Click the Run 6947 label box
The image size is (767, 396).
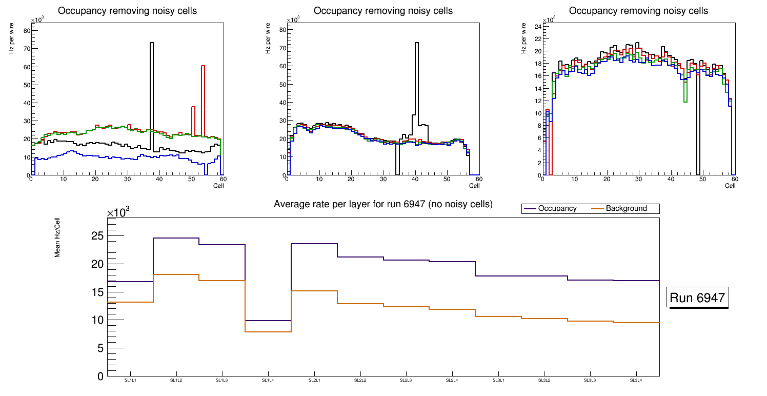click(697, 298)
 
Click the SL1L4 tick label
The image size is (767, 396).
click(268, 380)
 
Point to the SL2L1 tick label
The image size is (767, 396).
click(314, 380)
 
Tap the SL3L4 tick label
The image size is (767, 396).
click(636, 380)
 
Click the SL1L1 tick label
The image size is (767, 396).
click(130, 380)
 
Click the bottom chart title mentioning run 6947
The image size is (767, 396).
click(383, 204)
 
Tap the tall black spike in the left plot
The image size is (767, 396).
click(152, 77)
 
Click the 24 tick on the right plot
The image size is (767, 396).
click(538, 26)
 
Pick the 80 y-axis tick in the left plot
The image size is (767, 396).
click(27, 30)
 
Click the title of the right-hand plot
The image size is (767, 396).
click(638, 11)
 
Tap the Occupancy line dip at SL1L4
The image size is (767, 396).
click(268, 321)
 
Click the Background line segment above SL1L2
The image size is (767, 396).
click(176, 275)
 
